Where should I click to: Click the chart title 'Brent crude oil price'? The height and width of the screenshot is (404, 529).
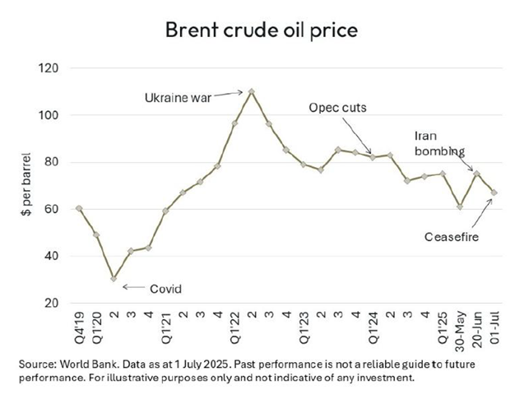click(x=264, y=30)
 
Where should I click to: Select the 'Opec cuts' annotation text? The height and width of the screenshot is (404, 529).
click(x=336, y=107)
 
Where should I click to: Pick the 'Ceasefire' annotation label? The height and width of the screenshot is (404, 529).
click(x=452, y=237)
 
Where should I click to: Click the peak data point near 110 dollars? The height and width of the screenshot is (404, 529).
click(x=251, y=91)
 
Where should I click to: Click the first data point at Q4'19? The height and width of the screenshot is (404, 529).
click(x=79, y=208)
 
